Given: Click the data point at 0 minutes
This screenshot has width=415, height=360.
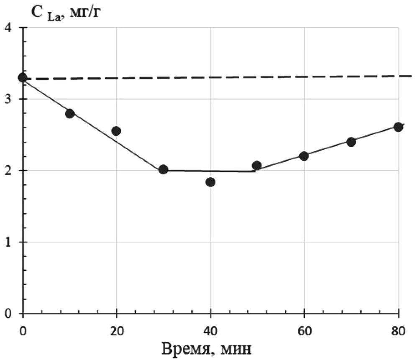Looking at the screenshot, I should point(23,77).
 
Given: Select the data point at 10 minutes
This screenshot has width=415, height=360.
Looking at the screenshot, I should point(70,114).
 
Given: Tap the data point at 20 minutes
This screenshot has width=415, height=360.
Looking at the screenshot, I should point(116,131).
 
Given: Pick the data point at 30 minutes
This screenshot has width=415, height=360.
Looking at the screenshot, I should point(164,169).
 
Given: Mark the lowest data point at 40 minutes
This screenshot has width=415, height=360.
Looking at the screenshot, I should point(210,182).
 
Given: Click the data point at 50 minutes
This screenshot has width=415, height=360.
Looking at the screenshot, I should point(257,166).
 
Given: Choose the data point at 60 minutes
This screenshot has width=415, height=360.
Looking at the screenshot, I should point(304,156).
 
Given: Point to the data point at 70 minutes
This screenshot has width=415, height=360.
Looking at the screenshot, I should point(351,142).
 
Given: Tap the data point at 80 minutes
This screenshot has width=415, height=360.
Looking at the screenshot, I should point(398,127).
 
